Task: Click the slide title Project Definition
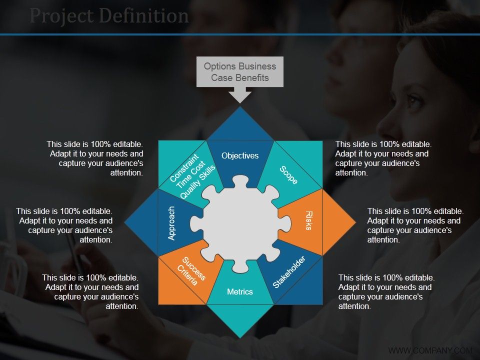click(109, 16)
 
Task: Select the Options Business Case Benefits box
click(240, 72)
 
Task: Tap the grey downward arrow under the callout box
click(240, 95)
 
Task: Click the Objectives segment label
click(240, 156)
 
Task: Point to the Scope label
click(288, 175)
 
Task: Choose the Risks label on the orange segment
click(308, 220)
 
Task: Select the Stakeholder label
click(289, 272)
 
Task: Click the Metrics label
click(240, 291)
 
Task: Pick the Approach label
click(171, 223)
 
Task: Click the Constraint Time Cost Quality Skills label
click(192, 175)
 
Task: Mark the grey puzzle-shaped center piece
click(240, 223)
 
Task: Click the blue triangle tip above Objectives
click(240, 122)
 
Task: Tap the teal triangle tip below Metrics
click(240, 320)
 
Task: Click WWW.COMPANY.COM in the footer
click(430, 350)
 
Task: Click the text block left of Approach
click(64, 225)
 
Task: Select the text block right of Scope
click(382, 158)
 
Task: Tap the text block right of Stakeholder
click(386, 292)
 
